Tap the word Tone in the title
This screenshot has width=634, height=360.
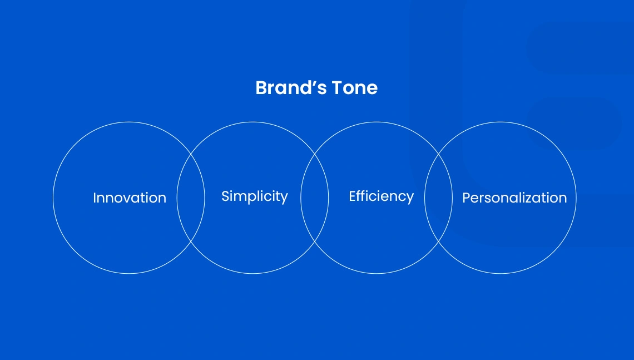pos(355,88)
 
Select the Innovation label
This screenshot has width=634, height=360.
pos(130,198)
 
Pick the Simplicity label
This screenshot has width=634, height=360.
pos(254,197)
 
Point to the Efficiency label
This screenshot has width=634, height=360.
pos(382,197)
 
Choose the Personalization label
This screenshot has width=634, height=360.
pos(514,198)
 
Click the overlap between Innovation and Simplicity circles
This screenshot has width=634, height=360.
pos(191,198)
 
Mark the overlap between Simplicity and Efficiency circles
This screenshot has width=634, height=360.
pos(315,198)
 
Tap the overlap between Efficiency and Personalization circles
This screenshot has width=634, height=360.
pos(438,198)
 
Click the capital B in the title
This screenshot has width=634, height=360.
pos(262,88)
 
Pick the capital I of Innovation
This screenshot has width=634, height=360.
pos(95,198)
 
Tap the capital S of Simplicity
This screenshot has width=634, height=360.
pos(226,196)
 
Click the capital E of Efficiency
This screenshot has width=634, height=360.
pos(353,196)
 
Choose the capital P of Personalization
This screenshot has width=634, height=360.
pos(467,198)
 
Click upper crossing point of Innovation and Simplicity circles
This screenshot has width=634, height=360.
pos(191,154)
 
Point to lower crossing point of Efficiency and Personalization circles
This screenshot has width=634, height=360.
pos(438,241)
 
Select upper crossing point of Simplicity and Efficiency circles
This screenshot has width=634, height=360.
pos(315,154)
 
